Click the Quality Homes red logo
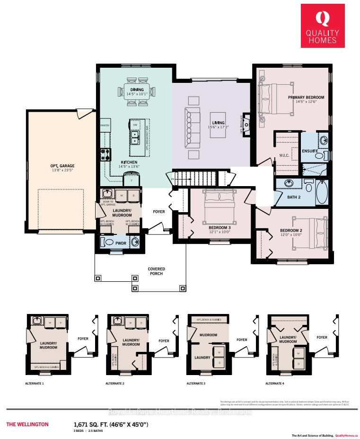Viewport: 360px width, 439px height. pyautogui.click(x=323, y=26)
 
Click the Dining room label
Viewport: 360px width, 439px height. pyautogui.click(x=137, y=89)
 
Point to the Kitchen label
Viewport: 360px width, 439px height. pyautogui.click(x=129, y=162)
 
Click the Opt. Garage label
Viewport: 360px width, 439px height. pyautogui.click(x=62, y=166)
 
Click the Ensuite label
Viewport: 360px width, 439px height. pyautogui.click(x=309, y=151)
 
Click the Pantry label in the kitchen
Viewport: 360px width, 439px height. pyautogui.click(x=105, y=125)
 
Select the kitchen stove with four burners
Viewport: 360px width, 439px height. pyautogui.click(x=105, y=154)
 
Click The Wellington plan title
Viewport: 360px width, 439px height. pyautogui.click(x=27, y=424)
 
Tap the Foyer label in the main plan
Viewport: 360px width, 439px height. pyautogui.click(x=158, y=212)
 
